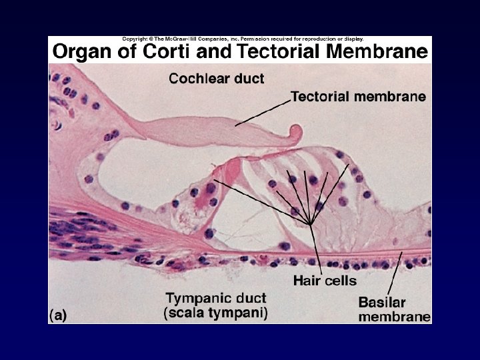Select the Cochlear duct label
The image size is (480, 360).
click(216, 79)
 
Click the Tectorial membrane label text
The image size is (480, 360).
click(358, 97)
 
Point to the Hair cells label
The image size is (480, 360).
click(325, 281)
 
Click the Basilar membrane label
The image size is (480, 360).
click(394, 309)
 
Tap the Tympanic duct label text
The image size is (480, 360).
click(216, 299)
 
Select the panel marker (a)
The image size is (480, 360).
click(57, 315)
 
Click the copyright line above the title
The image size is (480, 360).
click(239, 39)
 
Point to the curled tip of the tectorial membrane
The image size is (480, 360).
click(294, 136)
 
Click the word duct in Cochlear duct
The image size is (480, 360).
click(248, 79)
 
